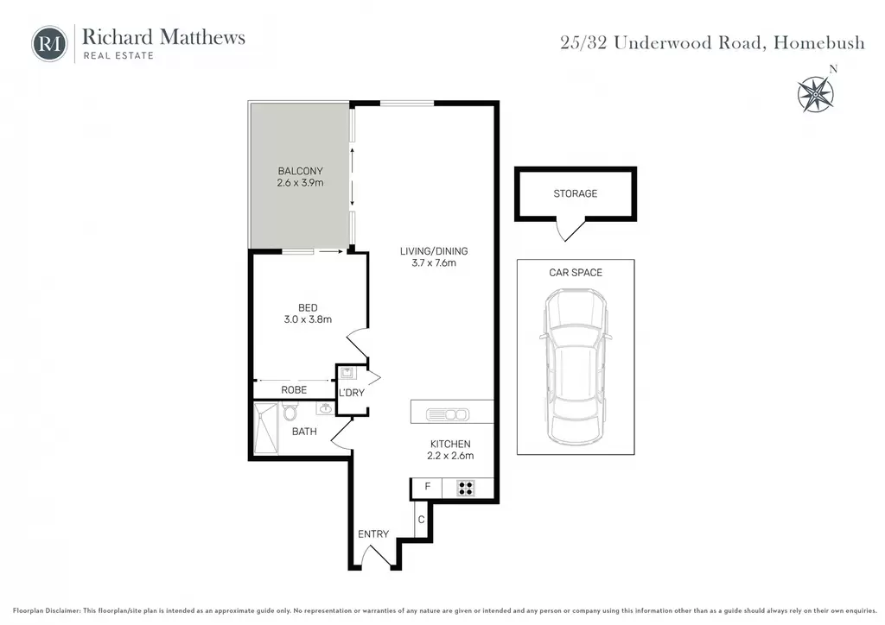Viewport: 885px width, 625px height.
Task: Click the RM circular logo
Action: point(49,44)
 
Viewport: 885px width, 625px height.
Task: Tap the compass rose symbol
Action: point(816,93)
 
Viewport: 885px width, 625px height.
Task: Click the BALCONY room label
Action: point(300,171)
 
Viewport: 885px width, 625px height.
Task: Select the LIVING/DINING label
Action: point(434,251)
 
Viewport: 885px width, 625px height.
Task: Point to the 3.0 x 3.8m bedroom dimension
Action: point(308,319)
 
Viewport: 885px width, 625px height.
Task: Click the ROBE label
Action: point(294,390)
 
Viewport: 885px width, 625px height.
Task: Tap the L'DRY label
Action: point(352,393)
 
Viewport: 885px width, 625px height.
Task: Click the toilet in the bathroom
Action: point(290,412)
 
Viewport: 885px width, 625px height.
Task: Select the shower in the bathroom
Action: point(266,428)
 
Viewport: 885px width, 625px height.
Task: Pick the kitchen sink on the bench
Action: point(447,414)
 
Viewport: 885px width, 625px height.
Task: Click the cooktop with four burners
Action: point(466,488)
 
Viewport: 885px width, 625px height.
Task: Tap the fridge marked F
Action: point(427,488)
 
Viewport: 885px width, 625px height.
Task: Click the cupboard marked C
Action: point(421,519)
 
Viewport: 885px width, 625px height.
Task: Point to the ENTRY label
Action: point(373,533)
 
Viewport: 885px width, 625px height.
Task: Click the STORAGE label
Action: point(575,193)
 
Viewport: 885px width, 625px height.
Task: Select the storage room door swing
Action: point(569,230)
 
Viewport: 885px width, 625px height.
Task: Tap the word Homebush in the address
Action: point(819,42)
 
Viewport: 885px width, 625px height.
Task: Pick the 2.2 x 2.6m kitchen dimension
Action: point(450,455)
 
